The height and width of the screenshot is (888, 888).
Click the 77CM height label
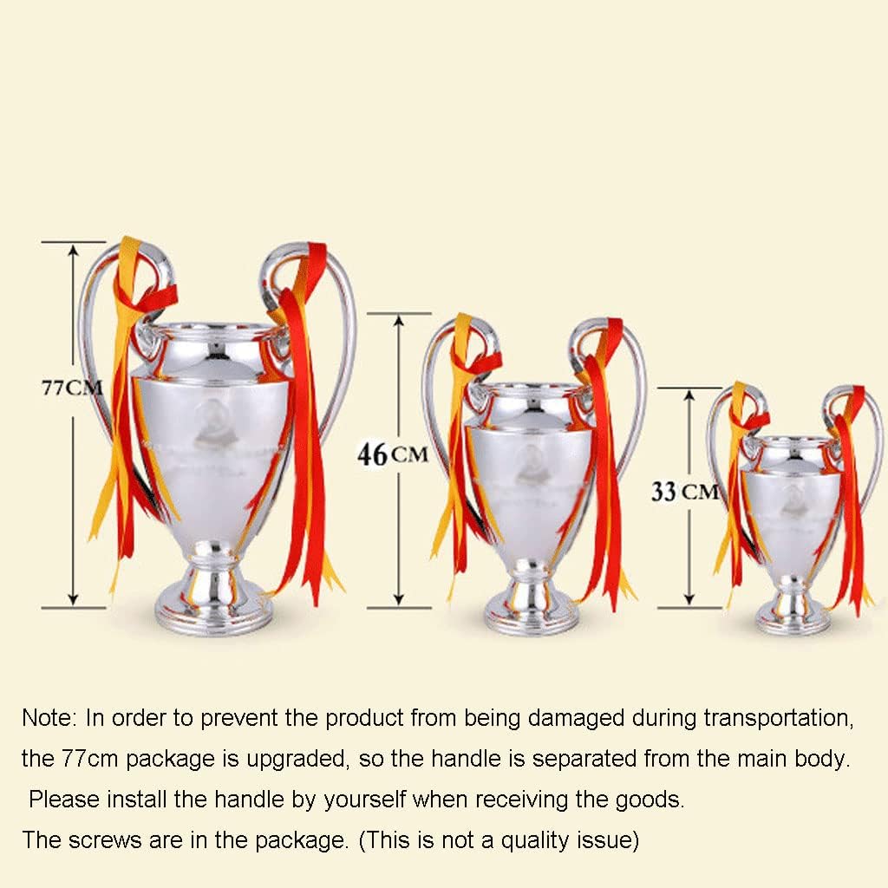[x=72, y=388]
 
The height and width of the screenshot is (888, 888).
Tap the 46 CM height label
[x=393, y=454]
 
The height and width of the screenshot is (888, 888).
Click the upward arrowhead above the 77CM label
[x=73, y=250]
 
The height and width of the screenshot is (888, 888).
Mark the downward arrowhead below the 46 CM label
[x=399, y=599]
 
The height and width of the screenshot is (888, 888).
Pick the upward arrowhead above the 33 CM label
[x=689, y=395]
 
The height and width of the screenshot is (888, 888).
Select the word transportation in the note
[x=778, y=719]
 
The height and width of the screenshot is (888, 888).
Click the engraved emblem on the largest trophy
[x=212, y=422]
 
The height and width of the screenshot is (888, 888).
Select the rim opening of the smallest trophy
[x=793, y=440]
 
